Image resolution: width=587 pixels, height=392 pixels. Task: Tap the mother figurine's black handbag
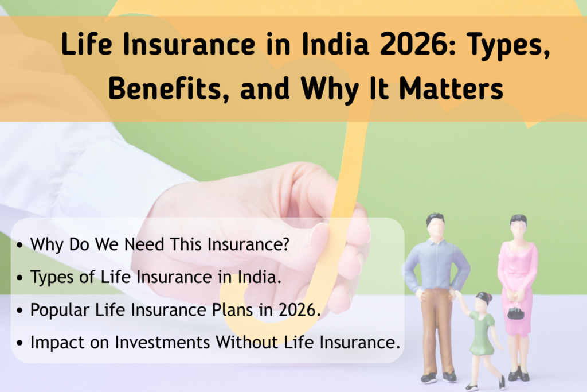point(515,313)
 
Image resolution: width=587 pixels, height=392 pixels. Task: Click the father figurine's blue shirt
point(436,264)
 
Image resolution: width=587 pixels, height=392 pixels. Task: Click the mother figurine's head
point(518,226)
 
